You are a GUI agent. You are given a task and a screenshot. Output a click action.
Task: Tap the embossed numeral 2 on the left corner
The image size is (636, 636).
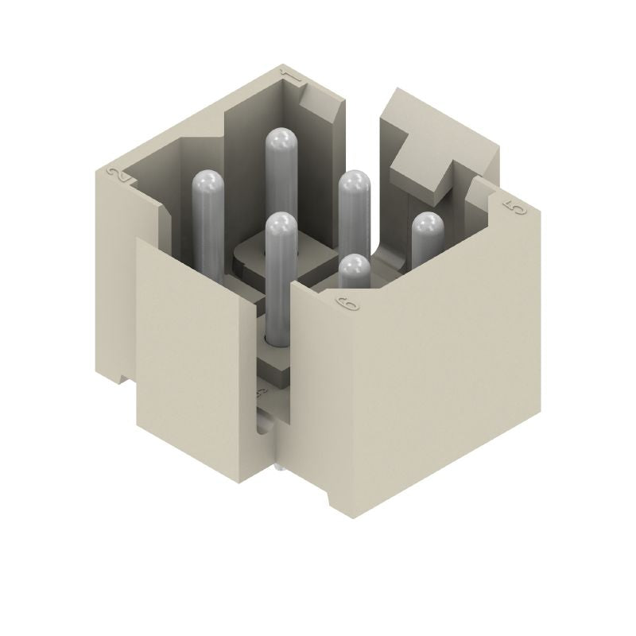coord(119,176)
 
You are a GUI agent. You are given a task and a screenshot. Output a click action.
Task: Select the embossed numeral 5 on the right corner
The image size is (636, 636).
coord(515,208)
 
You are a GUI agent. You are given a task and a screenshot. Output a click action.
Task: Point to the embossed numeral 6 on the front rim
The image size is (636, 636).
coord(347,304)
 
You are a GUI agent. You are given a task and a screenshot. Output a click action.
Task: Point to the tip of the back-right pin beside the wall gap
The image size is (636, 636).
coord(355,184)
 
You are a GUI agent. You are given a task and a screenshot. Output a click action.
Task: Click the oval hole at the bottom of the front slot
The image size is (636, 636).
coord(263,428)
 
